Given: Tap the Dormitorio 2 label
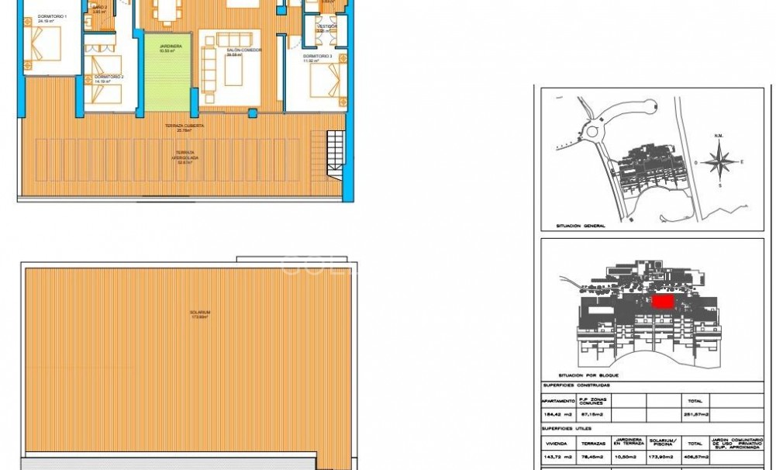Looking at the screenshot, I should coord(109,78).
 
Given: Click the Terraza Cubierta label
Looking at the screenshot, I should coord(179,127).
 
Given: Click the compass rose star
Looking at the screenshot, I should coord(722,162).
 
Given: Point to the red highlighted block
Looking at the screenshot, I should coord(664,302).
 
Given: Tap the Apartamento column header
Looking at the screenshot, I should coord(558,401).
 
